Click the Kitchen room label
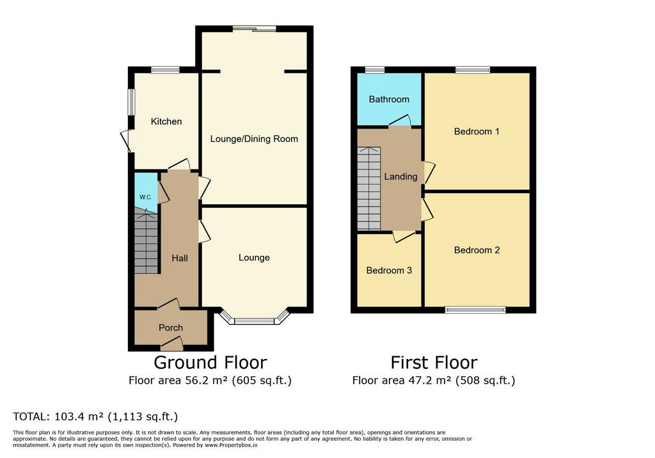(166, 122)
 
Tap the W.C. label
(146, 197)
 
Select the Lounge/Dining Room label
(254, 139)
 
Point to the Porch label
(171, 328)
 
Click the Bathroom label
(389, 99)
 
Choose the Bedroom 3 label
(389, 271)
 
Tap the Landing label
(400, 177)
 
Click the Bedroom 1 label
(477, 132)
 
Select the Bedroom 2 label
(477, 250)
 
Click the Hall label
(180, 258)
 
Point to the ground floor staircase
(146, 242)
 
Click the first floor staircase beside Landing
(369, 188)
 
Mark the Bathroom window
(375, 70)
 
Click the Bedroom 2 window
(475, 310)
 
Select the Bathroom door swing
(400, 120)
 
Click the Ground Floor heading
(210, 362)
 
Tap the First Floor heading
(434, 362)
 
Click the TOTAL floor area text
(95, 416)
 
